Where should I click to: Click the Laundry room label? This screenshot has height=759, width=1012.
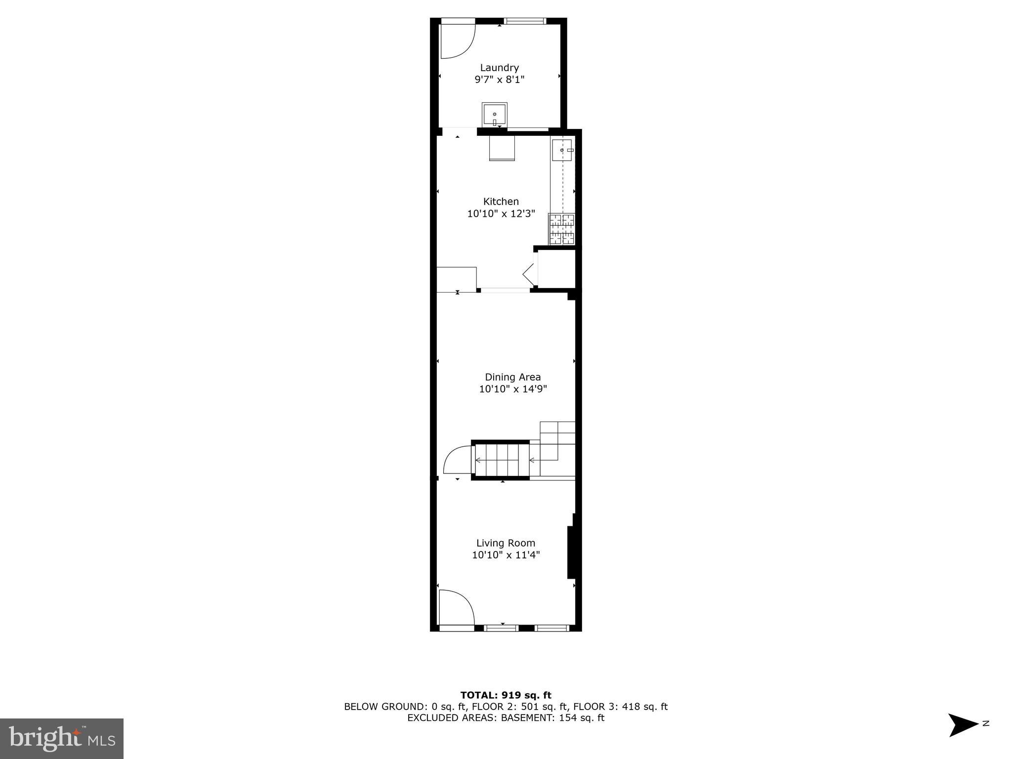(499, 68)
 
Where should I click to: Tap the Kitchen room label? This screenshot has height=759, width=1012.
(501, 202)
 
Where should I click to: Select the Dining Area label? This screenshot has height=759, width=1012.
(512, 377)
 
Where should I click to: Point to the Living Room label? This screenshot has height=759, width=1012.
(506, 543)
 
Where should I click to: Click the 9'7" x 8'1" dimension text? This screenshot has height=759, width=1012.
(499, 80)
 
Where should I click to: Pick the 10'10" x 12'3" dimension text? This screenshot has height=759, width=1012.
(501, 214)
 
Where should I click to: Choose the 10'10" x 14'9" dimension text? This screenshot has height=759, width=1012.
(512, 389)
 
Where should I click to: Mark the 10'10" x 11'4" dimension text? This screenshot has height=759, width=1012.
(506, 555)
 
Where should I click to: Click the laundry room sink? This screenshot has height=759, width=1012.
(494, 115)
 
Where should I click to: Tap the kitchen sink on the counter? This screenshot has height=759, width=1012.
(562, 150)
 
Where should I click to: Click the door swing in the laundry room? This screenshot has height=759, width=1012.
(457, 42)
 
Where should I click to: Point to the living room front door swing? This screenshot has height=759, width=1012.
(456, 607)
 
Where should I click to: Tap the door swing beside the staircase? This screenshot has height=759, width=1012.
(457, 460)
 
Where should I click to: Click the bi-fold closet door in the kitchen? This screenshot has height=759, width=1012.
(529, 274)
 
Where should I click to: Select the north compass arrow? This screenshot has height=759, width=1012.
(962, 725)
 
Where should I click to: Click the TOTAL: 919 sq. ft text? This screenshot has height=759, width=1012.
(506, 695)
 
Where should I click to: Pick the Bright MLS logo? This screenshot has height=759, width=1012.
(62, 738)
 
